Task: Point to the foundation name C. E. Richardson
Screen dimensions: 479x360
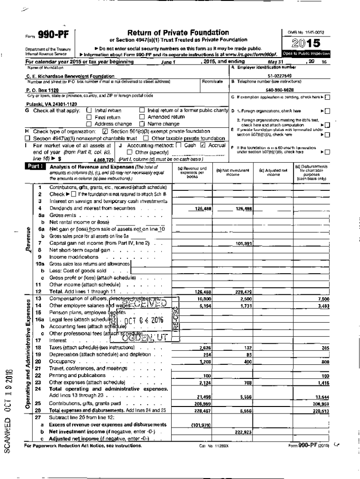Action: click(x=70, y=76)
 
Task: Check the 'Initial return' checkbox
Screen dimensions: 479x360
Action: click(x=89, y=110)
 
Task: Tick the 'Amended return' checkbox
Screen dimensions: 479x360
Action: click(x=142, y=117)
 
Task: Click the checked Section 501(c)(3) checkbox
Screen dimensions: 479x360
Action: click(x=105, y=131)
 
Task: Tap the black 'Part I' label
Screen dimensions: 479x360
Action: click(x=36, y=166)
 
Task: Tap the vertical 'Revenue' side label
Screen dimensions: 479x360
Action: click(x=29, y=240)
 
